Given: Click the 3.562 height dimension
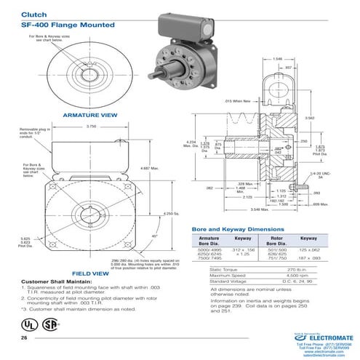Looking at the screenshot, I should tap(329, 118).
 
